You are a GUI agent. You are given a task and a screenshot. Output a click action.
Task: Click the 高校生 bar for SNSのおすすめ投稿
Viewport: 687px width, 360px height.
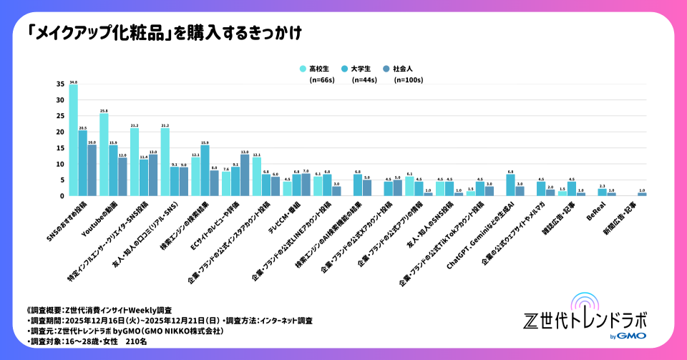click(x=73, y=140)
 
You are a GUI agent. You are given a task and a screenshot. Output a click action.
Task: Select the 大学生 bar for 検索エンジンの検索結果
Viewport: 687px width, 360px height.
click(x=205, y=171)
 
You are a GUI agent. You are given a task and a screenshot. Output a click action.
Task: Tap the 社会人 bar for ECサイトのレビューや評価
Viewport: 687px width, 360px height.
click(x=245, y=175)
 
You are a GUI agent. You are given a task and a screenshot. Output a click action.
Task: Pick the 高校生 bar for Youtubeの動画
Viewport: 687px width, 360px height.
click(x=104, y=155)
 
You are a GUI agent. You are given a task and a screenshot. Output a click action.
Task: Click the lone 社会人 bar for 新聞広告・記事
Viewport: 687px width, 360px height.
click(x=642, y=194)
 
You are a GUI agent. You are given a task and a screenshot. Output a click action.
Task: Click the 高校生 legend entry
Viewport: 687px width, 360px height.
click(x=315, y=69)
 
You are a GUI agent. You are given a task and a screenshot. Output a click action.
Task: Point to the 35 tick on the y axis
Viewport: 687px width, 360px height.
click(x=60, y=84)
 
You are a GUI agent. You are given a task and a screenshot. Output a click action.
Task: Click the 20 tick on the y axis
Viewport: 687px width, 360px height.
click(x=60, y=132)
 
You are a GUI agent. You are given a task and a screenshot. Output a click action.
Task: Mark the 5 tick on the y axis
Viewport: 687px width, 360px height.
click(x=62, y=180)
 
